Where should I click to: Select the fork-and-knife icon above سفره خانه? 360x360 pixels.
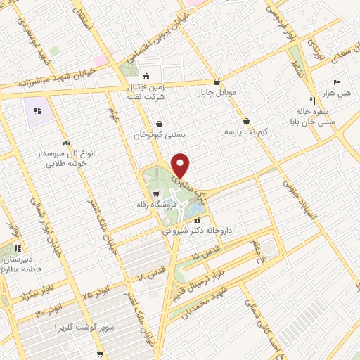click(312, 100)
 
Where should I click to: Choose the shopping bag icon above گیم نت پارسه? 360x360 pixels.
click(246, 121)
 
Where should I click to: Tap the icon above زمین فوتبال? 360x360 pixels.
click(146, 77)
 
